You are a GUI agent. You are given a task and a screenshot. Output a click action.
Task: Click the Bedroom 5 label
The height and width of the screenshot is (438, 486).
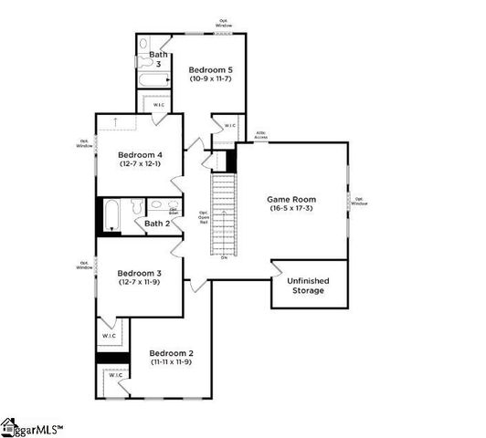pos(211,69)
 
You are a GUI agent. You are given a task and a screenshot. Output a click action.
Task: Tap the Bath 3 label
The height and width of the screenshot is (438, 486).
pos(157,59)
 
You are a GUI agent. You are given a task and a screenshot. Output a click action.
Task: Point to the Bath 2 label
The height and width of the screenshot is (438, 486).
pos(157,224)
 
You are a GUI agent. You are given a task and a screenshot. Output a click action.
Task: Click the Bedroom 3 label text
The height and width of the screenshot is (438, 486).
pos(139,273)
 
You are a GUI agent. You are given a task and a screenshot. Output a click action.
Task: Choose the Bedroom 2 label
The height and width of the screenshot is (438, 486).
pos(171,353)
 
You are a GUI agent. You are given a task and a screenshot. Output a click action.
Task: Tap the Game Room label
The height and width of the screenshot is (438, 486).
pos(291,199)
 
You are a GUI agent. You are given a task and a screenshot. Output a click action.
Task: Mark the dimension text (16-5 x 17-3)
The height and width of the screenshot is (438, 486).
pos(291,209)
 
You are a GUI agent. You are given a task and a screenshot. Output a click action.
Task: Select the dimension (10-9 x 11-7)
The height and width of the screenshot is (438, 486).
pos(211,79)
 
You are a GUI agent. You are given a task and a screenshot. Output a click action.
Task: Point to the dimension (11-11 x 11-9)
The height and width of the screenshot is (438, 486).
pos(171,362)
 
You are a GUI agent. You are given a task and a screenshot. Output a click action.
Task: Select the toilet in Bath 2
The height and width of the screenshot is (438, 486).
pos(135,206)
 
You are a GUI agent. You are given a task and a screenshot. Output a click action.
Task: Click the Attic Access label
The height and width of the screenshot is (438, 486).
pos(260,135)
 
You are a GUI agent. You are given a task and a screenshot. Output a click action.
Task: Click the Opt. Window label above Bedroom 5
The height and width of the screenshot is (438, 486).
pos(224,22)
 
